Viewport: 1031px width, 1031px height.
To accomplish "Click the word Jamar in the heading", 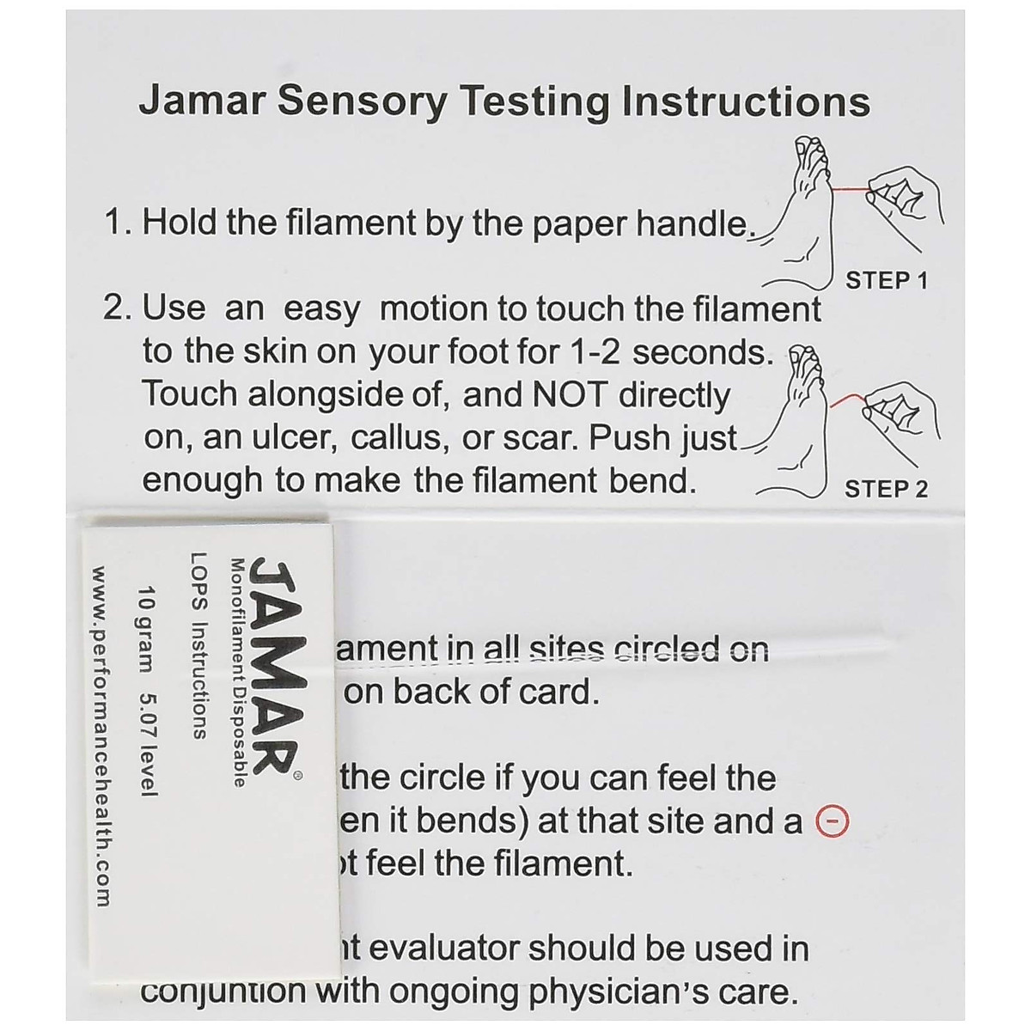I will click(194, 101).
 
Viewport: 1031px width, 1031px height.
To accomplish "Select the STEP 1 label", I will click(887, 280).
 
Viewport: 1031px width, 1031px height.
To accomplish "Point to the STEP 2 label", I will click(886, 489).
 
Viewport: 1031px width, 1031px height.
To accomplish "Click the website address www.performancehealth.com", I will click(101, 735).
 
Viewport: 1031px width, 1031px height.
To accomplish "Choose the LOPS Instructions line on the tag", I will click(197, 644).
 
